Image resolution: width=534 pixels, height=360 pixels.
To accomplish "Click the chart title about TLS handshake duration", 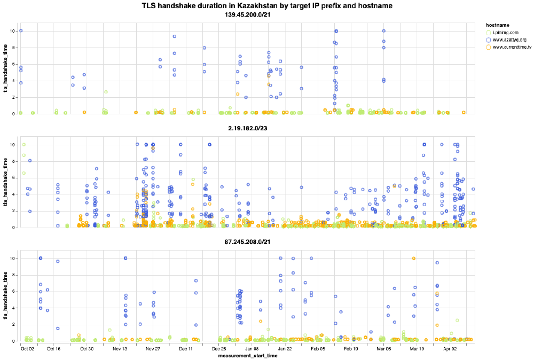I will (x=267, y=6).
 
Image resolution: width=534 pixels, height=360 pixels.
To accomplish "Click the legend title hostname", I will (x=494, y=25).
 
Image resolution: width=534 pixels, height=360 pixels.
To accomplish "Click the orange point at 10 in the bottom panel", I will (x=414, y=259).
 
